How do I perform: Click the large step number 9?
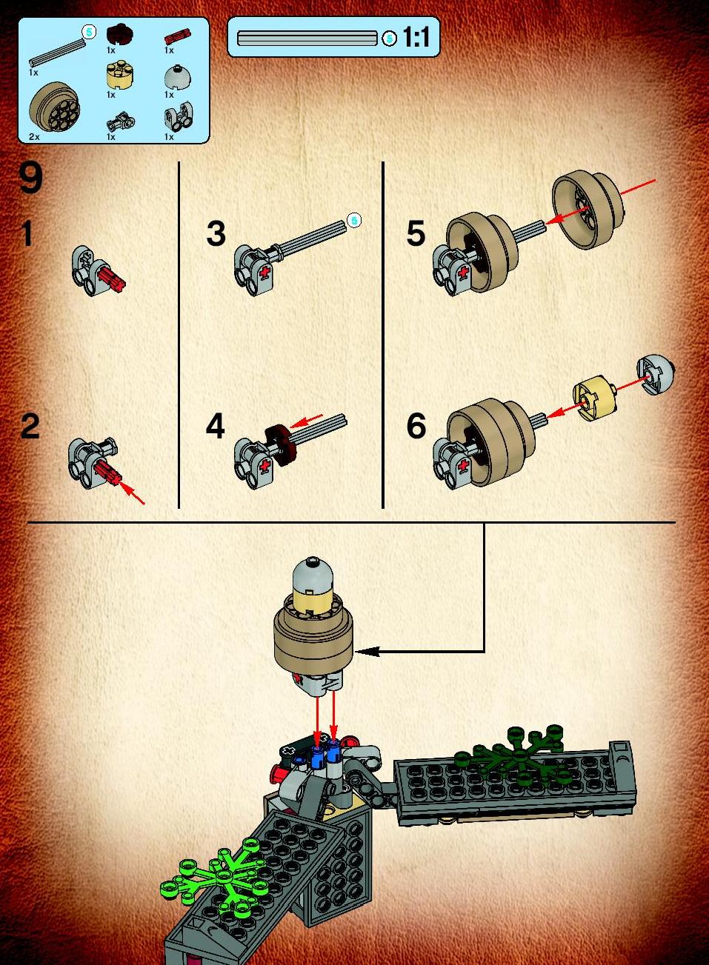click(x=31, y=178)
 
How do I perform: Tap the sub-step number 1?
click(x=27, y=233)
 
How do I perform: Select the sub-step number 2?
click(x=30, y=426)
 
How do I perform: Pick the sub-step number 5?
click(x=416, y=233)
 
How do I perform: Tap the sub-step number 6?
click(x=416, y=426)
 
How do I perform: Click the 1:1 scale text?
click(x=416, y=37)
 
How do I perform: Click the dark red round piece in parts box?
click(x=120, y=35)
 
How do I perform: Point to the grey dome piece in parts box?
click(x=178, y=77)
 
